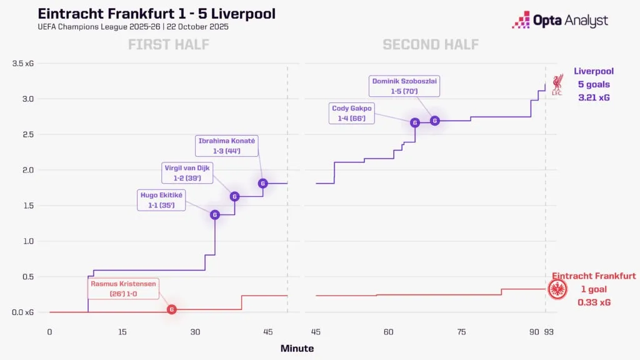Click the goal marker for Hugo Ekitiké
click(x=215, y=215)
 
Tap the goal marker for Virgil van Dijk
click(x=235, y=196)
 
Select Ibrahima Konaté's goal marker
click(x=263, y=183)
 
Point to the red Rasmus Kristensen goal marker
click(x=172, y=309)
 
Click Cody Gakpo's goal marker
click(x=414, y=122)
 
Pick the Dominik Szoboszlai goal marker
click(x=435, y=121)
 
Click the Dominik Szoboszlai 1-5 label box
click(x=404, y=86)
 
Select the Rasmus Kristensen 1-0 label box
click(x=124, y=289)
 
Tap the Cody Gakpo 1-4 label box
click(x=352, y=113)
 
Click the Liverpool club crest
click(x=558, y=85)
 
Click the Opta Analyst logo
click(x=559, y=21)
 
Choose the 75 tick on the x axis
click(x=461, y=332)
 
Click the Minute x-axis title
click(x=297, y=349)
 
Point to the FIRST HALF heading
click(x=168, y=44)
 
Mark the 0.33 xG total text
click(x=594, y=302)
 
